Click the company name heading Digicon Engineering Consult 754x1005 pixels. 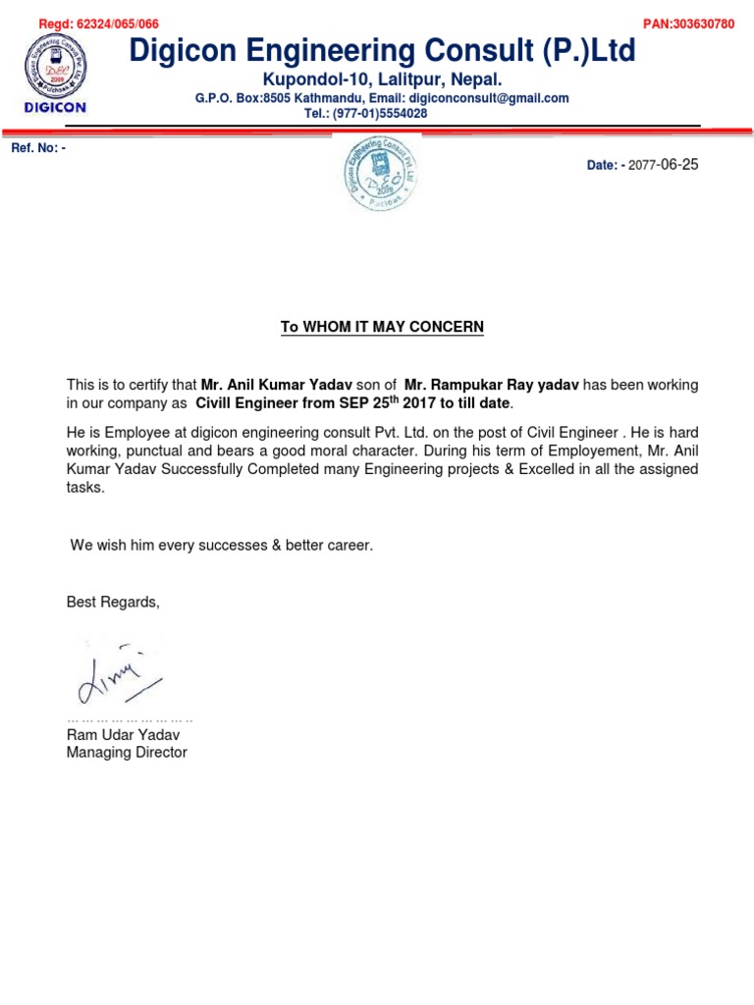pos(383,50)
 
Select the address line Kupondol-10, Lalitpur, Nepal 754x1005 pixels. pos(382,79)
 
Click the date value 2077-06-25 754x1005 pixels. pos(663,165)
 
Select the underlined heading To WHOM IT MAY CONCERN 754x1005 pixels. pos(382,327)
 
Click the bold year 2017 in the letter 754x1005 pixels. pos(419,403)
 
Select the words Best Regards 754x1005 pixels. pos(112,602)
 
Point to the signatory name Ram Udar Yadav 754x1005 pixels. pos(123,735)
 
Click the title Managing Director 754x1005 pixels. pos(126,753)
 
